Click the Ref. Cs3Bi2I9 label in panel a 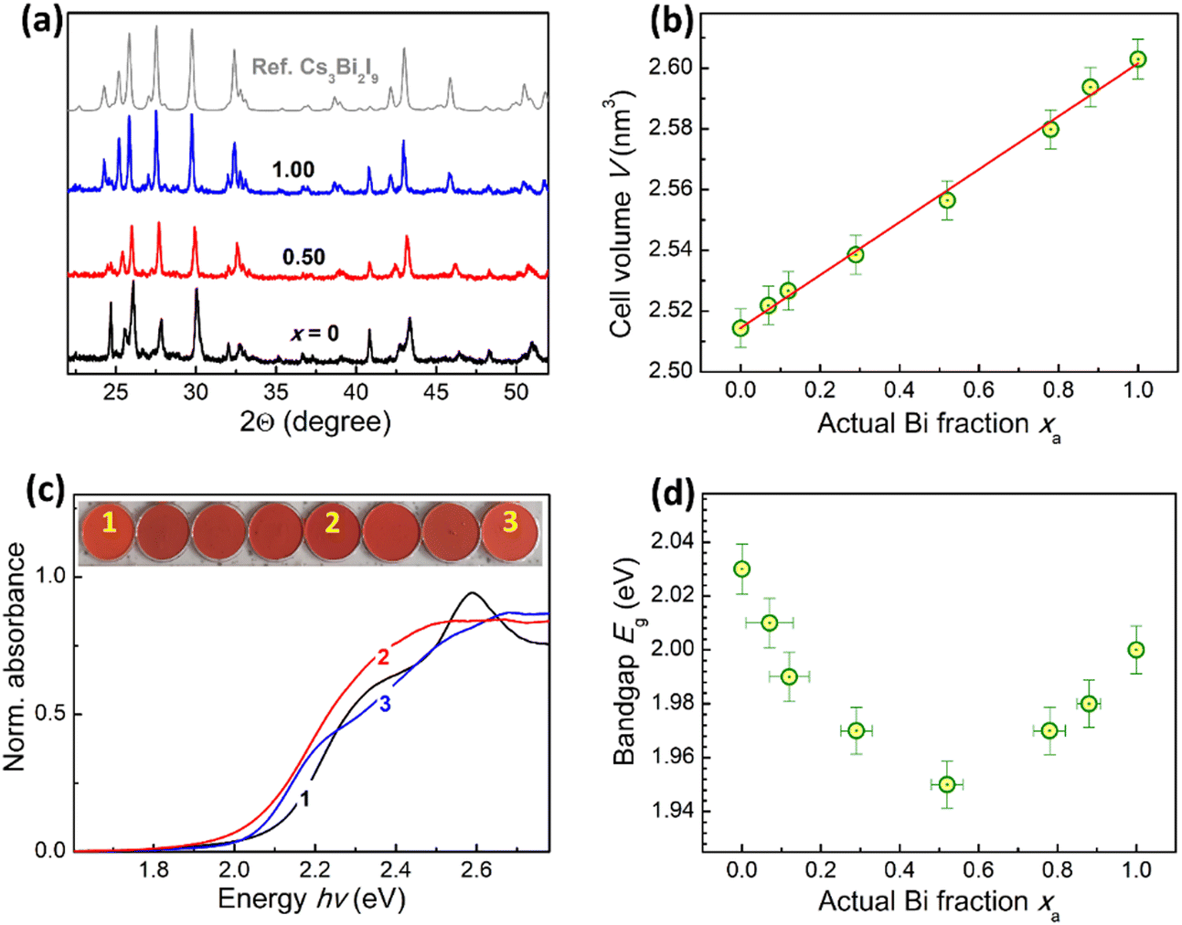tap(315, 69)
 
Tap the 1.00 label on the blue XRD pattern tap(293, 170)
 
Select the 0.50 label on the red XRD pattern tap(303, 257)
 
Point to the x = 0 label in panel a tap(315, 333)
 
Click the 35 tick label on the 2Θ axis tap(276, 392)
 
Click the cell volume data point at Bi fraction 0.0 tap(740, 328)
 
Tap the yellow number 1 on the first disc tap(110, 523)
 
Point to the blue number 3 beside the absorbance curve tap(385, 704)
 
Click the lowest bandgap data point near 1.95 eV tap(948, 785)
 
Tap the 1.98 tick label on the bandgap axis tap(671, 704)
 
